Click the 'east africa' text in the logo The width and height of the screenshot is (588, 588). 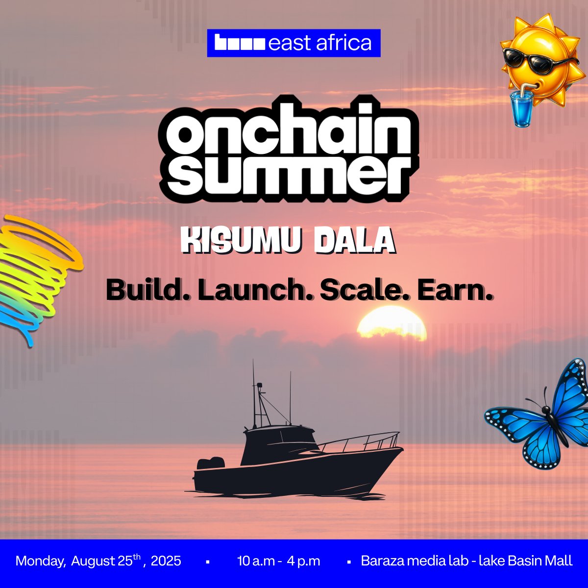pos(320,43)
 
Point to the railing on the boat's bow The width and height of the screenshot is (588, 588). pos(363,441)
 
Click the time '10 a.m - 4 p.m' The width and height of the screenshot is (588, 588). pos(278,561)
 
